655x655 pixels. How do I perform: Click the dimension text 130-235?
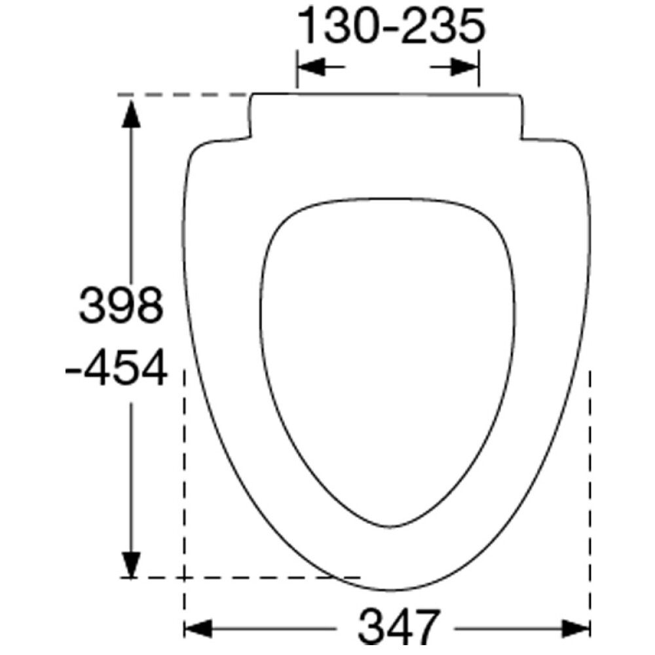391,27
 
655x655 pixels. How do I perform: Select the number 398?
121,305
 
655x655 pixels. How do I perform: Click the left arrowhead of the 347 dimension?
198,629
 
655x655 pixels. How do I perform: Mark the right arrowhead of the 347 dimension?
578,629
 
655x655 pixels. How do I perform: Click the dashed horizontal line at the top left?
183,95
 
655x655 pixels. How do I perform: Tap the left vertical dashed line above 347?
185,491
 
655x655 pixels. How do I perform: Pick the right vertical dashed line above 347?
591,491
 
